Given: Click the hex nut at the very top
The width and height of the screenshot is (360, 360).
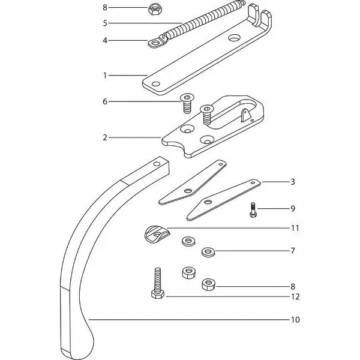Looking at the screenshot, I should click(x=153, y=8).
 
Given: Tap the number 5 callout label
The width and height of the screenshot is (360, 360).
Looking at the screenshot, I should click(x=105, y=23).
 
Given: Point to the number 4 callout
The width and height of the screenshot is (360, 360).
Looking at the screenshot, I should click(x=105, y=41).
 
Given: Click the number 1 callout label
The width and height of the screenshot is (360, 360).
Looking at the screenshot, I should click(x=105, y=76).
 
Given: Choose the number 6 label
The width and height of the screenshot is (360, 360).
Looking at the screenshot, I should click(x=105, y=102).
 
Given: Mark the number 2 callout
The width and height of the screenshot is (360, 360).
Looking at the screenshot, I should click(x=105, y=137).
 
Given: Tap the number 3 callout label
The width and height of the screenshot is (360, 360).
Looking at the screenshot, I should click(x=293, y=181).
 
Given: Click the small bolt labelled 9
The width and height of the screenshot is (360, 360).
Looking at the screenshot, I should click(x=254, y=210).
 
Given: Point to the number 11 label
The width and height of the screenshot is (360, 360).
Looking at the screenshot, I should click(x=295, y=228).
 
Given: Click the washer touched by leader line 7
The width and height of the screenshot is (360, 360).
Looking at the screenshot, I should click(x=208, y=250).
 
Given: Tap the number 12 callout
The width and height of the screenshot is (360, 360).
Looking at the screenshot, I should click(x=295, y=297).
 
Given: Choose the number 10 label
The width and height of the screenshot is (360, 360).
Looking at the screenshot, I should click(x=295, y=320).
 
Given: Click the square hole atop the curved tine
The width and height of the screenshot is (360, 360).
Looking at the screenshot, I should click(x=157, y=162).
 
